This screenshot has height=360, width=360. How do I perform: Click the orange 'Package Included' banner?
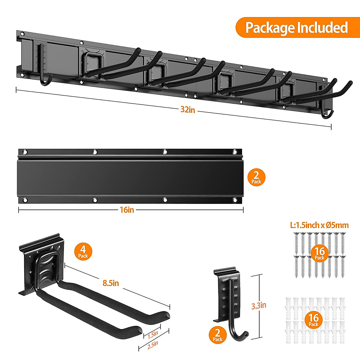click(296, 27)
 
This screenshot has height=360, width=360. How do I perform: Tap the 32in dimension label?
click(188, 109)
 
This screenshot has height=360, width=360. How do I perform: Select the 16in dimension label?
click(127, 210)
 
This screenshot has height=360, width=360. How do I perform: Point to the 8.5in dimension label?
click(111, 283)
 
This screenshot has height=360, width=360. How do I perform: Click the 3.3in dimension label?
click(259, 305)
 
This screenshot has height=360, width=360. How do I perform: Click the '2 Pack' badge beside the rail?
click(256, 177)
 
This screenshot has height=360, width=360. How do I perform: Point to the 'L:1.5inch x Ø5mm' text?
click(319, 225)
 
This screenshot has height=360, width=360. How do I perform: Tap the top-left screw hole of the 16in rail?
click(25, 152)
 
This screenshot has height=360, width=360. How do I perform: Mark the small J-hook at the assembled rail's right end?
click(326, 112)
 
